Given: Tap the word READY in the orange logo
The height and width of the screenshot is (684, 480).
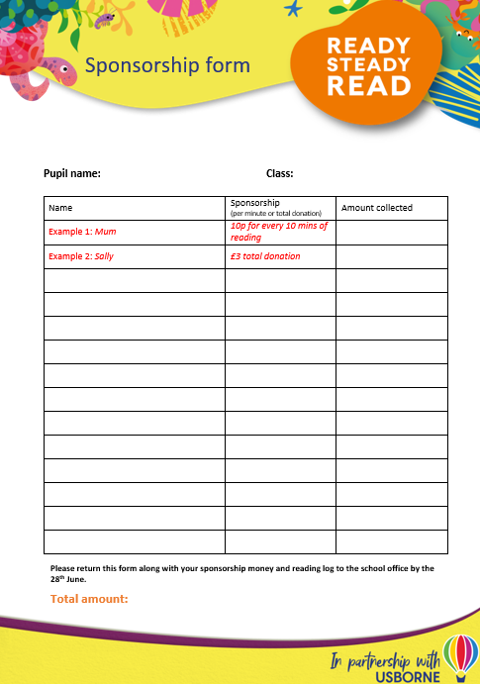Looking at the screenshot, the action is pyautogui.click(x=367, y=45).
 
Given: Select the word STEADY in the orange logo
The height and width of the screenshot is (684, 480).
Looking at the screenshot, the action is pyautogui.click(x=368, y=65).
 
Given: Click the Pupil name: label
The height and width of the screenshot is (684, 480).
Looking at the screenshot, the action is pyautogui.click(x=72, y=173).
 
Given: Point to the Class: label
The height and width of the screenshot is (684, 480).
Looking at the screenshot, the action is pyautogui.click(x=279, y=173).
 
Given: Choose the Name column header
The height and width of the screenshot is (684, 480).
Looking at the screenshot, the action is pyautogui.click(x=60, y=208).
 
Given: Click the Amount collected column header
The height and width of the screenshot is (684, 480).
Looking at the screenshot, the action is pyautogui.click(x=376, y=208).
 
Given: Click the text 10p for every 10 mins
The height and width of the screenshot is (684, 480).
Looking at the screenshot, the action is pyautogui.click(x=278, y=226).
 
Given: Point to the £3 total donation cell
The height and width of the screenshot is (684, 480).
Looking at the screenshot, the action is pyautogui.click(x=264, y=256).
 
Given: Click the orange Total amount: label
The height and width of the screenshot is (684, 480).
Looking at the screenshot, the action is pyautogui.click(x=89, y=599).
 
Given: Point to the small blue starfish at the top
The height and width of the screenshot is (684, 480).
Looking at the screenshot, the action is pyautogui.click(x=292, y=10).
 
